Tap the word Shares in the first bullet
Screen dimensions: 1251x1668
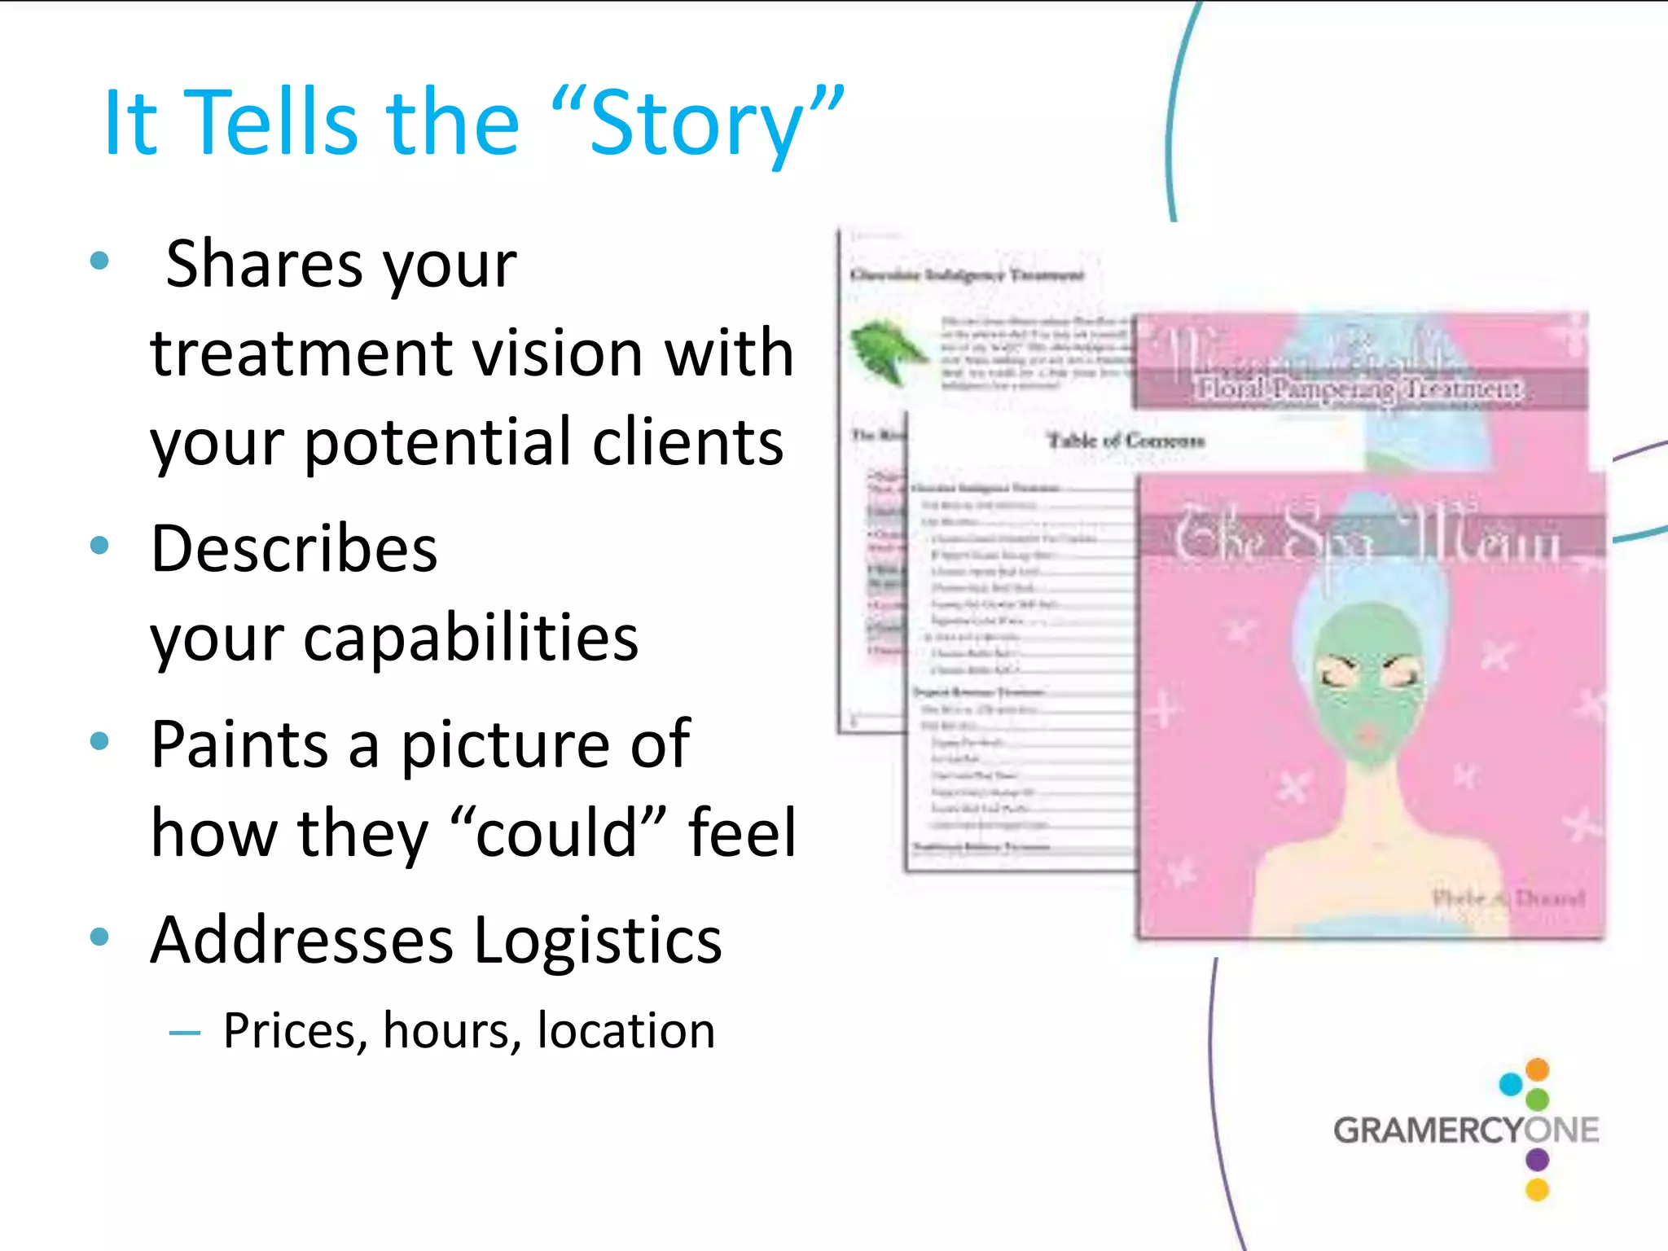[x=264, y=264]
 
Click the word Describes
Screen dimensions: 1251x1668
[x=294, y=549]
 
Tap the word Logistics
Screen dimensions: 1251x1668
[x=598, y=940]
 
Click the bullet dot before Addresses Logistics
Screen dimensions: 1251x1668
[x=99, y=936]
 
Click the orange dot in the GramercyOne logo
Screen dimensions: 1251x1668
[x=1537, y=1069]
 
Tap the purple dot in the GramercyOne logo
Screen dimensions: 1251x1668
[x=1537, y=1159]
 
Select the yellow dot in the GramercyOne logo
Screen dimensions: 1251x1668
[x=1537, y=1190]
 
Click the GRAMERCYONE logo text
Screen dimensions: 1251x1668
[x=1465, y=1130]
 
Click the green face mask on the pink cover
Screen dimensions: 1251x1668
[x=1368, y=684]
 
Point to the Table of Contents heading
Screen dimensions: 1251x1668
[x=1126, y=441]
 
